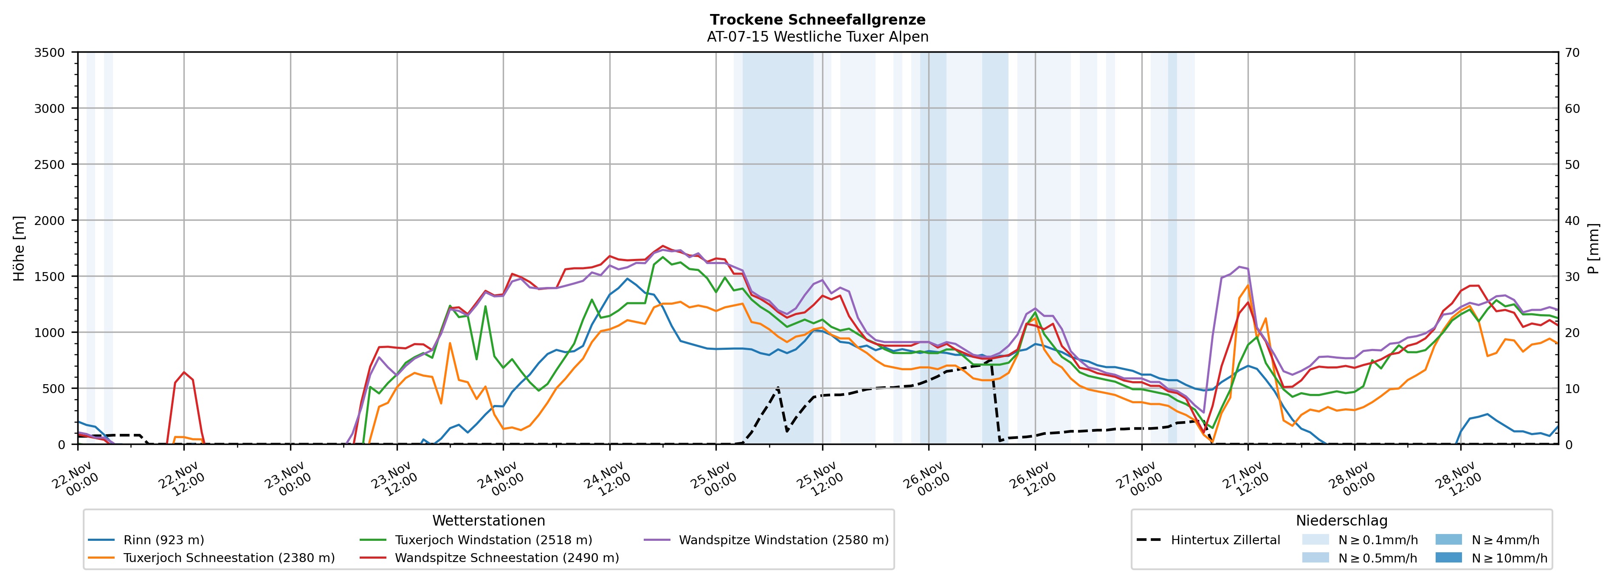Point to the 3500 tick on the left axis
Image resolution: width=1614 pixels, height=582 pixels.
50,53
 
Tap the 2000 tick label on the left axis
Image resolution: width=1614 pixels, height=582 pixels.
50,220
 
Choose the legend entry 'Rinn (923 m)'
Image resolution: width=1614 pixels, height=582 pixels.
163,540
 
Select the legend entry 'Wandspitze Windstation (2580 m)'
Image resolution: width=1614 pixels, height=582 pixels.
783,540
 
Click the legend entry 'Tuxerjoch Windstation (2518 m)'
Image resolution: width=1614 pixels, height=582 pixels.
493,540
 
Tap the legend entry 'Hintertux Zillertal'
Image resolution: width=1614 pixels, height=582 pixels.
1225,540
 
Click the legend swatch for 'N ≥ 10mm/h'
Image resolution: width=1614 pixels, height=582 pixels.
1448,557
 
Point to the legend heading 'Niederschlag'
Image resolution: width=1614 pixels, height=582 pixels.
1341,520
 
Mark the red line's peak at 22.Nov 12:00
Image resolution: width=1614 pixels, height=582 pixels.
183,373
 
